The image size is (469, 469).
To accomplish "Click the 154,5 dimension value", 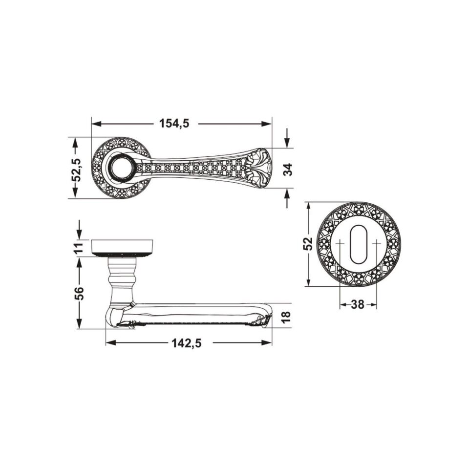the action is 174,123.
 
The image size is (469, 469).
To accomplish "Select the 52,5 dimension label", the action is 78,170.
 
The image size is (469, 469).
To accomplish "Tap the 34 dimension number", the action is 287,170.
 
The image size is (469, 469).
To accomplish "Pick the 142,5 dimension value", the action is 187,343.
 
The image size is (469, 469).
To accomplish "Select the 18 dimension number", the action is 286,317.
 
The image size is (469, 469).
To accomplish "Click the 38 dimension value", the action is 358,304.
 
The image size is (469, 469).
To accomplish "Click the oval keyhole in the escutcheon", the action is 357,244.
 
